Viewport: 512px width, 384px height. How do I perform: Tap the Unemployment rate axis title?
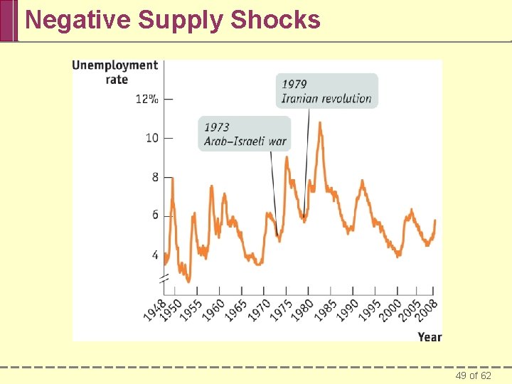point(114,72)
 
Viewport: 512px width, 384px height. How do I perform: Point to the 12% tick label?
point(146,99)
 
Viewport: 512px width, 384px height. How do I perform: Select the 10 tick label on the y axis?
point(151,138)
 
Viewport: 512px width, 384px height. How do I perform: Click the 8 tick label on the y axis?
point(154,177)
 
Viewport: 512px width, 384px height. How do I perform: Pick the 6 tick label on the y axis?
point(154,215)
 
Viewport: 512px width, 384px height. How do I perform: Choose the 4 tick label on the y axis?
point(154,255)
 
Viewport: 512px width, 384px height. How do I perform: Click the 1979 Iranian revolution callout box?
point(327,91)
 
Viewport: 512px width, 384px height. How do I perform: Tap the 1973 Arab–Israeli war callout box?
point(245,134)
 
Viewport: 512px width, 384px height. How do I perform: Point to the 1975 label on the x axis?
point(278,311)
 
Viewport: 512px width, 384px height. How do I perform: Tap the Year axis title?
point(430,336)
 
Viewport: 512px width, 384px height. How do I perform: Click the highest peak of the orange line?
point(320,123)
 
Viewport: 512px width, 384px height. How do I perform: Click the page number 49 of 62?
point(473,375)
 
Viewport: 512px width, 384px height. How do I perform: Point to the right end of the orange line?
point(434,220)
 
